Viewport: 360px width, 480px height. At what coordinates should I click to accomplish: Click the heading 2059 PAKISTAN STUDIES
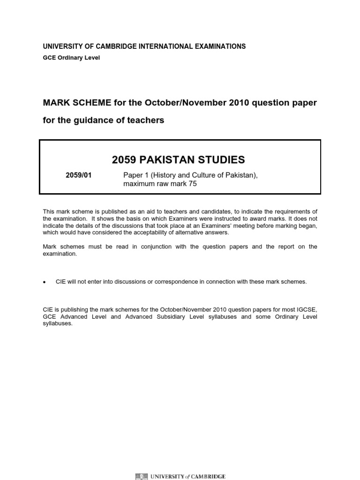tap(178, 160)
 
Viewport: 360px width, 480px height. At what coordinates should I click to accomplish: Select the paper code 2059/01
tap(78, 175)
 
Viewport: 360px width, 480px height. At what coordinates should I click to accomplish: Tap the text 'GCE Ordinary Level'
tap(71, 58)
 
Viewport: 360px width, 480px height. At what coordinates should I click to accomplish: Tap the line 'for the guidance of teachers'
tap(104, 120)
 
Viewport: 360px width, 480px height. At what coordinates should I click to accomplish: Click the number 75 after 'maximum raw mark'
tap(192, 184)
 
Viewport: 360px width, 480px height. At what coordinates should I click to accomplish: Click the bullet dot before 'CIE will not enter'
tap(45, 282)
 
